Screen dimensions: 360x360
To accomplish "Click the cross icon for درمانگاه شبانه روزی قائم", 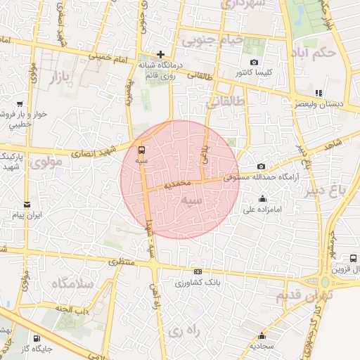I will click(x=161, y=53).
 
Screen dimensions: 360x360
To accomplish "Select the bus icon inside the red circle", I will click(x=142, y=150).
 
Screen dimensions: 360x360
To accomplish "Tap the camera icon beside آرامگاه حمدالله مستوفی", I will click(x=262, y=166).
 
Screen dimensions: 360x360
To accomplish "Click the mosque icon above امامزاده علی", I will click(x=262, y=198).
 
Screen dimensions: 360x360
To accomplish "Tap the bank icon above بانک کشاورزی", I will click(x=198, y=272).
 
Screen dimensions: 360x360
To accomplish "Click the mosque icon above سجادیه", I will click(x=262, y=335).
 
